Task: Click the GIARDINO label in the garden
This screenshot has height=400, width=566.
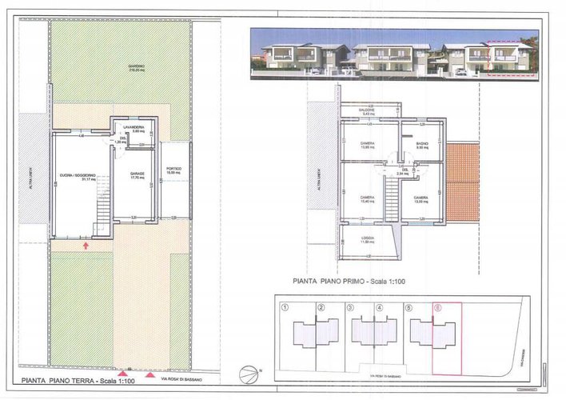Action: click(122, 67)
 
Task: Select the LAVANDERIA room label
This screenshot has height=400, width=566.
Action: click(133, 127)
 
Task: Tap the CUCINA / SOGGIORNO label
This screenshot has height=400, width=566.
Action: click(78, 175)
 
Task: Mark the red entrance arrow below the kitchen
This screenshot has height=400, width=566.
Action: click(86, 246)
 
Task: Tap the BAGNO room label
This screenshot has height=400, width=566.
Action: click(423, 145)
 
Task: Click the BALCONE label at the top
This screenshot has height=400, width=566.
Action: click(367, 111)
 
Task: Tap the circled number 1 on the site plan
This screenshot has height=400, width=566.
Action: click(285, 306)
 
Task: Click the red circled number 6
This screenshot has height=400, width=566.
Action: click(436, 306)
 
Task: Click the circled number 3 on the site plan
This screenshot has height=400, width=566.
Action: click(349, 306)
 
